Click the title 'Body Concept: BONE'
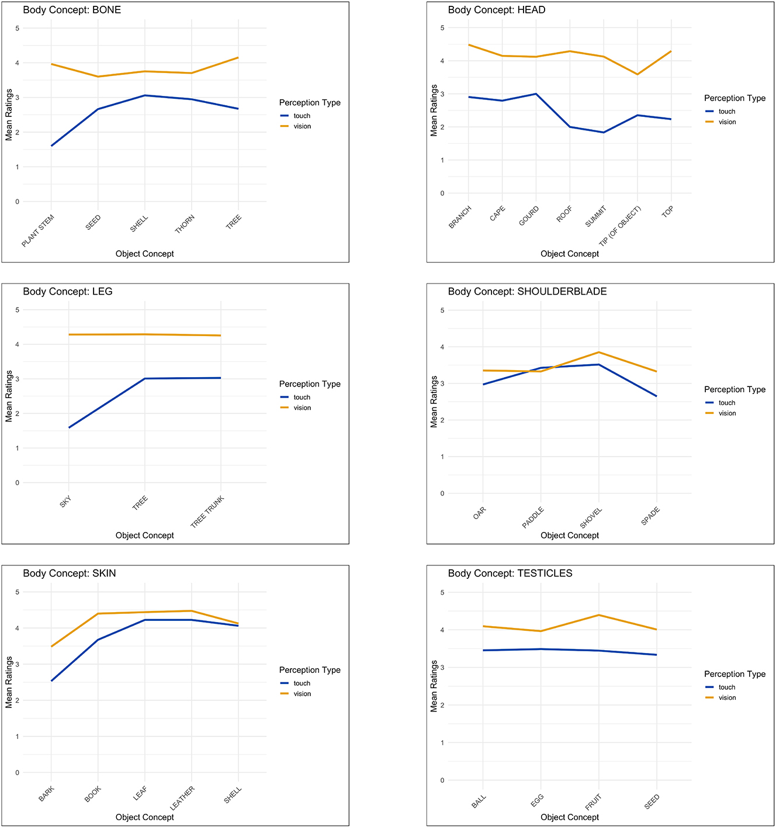[72, 10]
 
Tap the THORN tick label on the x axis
[185, 224]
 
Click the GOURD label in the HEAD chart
[529, 216]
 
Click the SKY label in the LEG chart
[65, 502]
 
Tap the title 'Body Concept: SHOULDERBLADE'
[527, 292]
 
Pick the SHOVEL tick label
[591, 518]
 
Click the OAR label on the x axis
[480, 513]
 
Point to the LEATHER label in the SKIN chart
[182, 798]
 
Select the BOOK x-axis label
[93, 794]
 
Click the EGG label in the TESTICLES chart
[538, 800]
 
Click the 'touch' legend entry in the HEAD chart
[727, 112]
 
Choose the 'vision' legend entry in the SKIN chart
[302, 694]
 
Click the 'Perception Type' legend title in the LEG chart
[310, 384]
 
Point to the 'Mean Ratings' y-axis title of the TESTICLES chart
[434, 686]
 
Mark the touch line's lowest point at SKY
[69, 427]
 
